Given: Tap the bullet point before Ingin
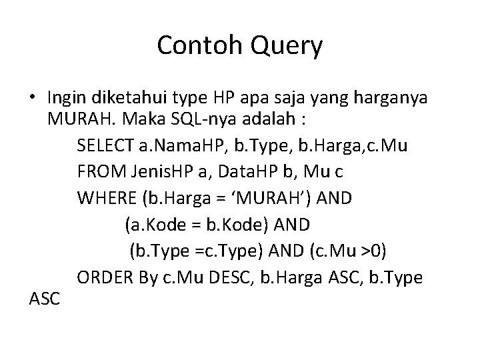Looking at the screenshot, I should coord(32,99).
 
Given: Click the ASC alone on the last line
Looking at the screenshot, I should coord(45,301).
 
